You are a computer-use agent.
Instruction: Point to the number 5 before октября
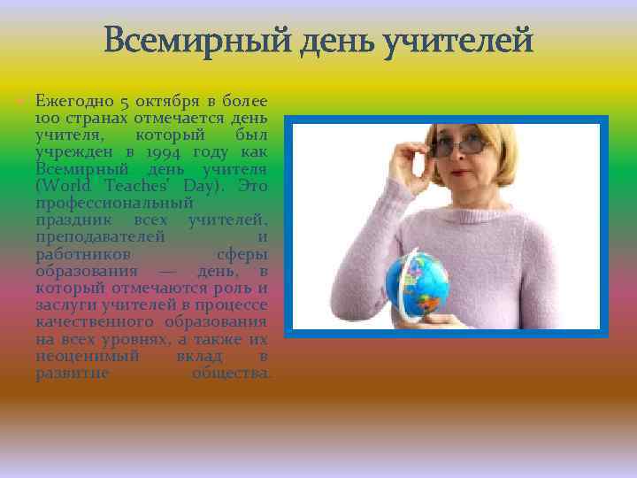click(x=127, y=103)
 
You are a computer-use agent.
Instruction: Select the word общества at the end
click(x=232, y=373)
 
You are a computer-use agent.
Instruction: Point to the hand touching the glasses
click(x=416, y=159)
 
